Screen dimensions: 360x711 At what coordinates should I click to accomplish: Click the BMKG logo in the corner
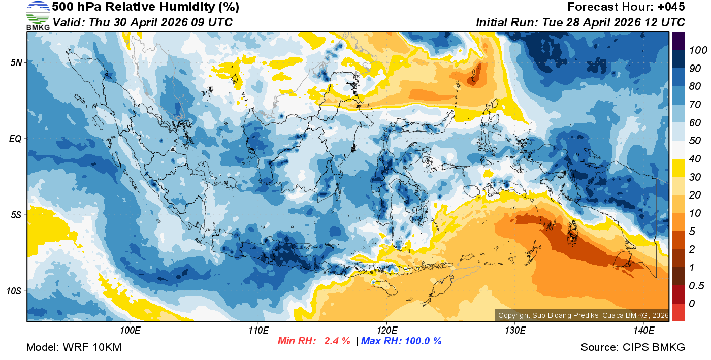click(38, 16)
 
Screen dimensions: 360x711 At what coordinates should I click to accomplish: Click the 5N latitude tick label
click(15, 62)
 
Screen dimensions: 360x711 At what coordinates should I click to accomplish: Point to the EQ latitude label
click(15, 139)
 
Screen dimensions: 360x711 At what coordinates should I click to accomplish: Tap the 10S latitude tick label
click(14, 291)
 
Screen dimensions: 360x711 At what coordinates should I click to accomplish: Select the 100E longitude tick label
click(130, 331)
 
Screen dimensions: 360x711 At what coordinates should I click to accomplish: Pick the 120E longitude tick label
click(386, 331)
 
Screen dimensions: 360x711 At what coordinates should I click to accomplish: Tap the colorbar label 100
click(694, 50)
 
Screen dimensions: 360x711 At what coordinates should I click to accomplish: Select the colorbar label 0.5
click(694, 286)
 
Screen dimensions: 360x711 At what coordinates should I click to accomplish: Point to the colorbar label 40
click(691, 159)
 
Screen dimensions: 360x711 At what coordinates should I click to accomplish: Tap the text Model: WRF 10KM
click(74, 347)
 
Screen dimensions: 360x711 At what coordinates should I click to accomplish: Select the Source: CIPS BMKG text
click(633, 347)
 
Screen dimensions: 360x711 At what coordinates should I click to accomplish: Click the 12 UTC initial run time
click(662, 22)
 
